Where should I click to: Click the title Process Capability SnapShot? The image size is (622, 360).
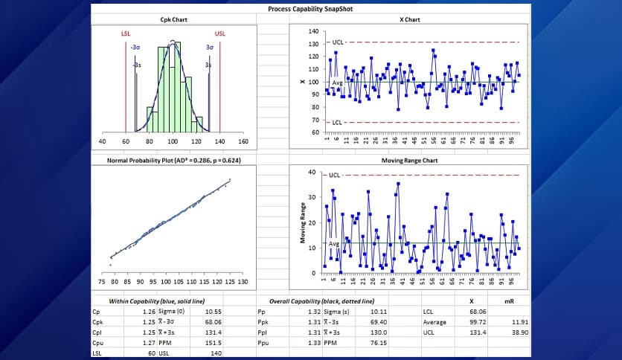point(311,10)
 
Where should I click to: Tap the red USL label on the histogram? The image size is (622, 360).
point(219,34)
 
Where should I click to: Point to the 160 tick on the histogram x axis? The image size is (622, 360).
point(243,141)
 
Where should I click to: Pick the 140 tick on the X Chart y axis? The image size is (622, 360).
point(313,32)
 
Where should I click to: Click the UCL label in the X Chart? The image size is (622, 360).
point(336,43)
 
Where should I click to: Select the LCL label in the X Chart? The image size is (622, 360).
point(336,122)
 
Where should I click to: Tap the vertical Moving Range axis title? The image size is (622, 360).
point(303,223)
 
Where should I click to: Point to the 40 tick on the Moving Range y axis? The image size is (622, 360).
point(313,173)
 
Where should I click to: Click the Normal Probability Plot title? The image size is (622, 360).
point(173,159)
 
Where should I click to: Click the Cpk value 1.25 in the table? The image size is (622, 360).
point(149,322)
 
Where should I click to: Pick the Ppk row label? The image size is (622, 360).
point(262,322)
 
